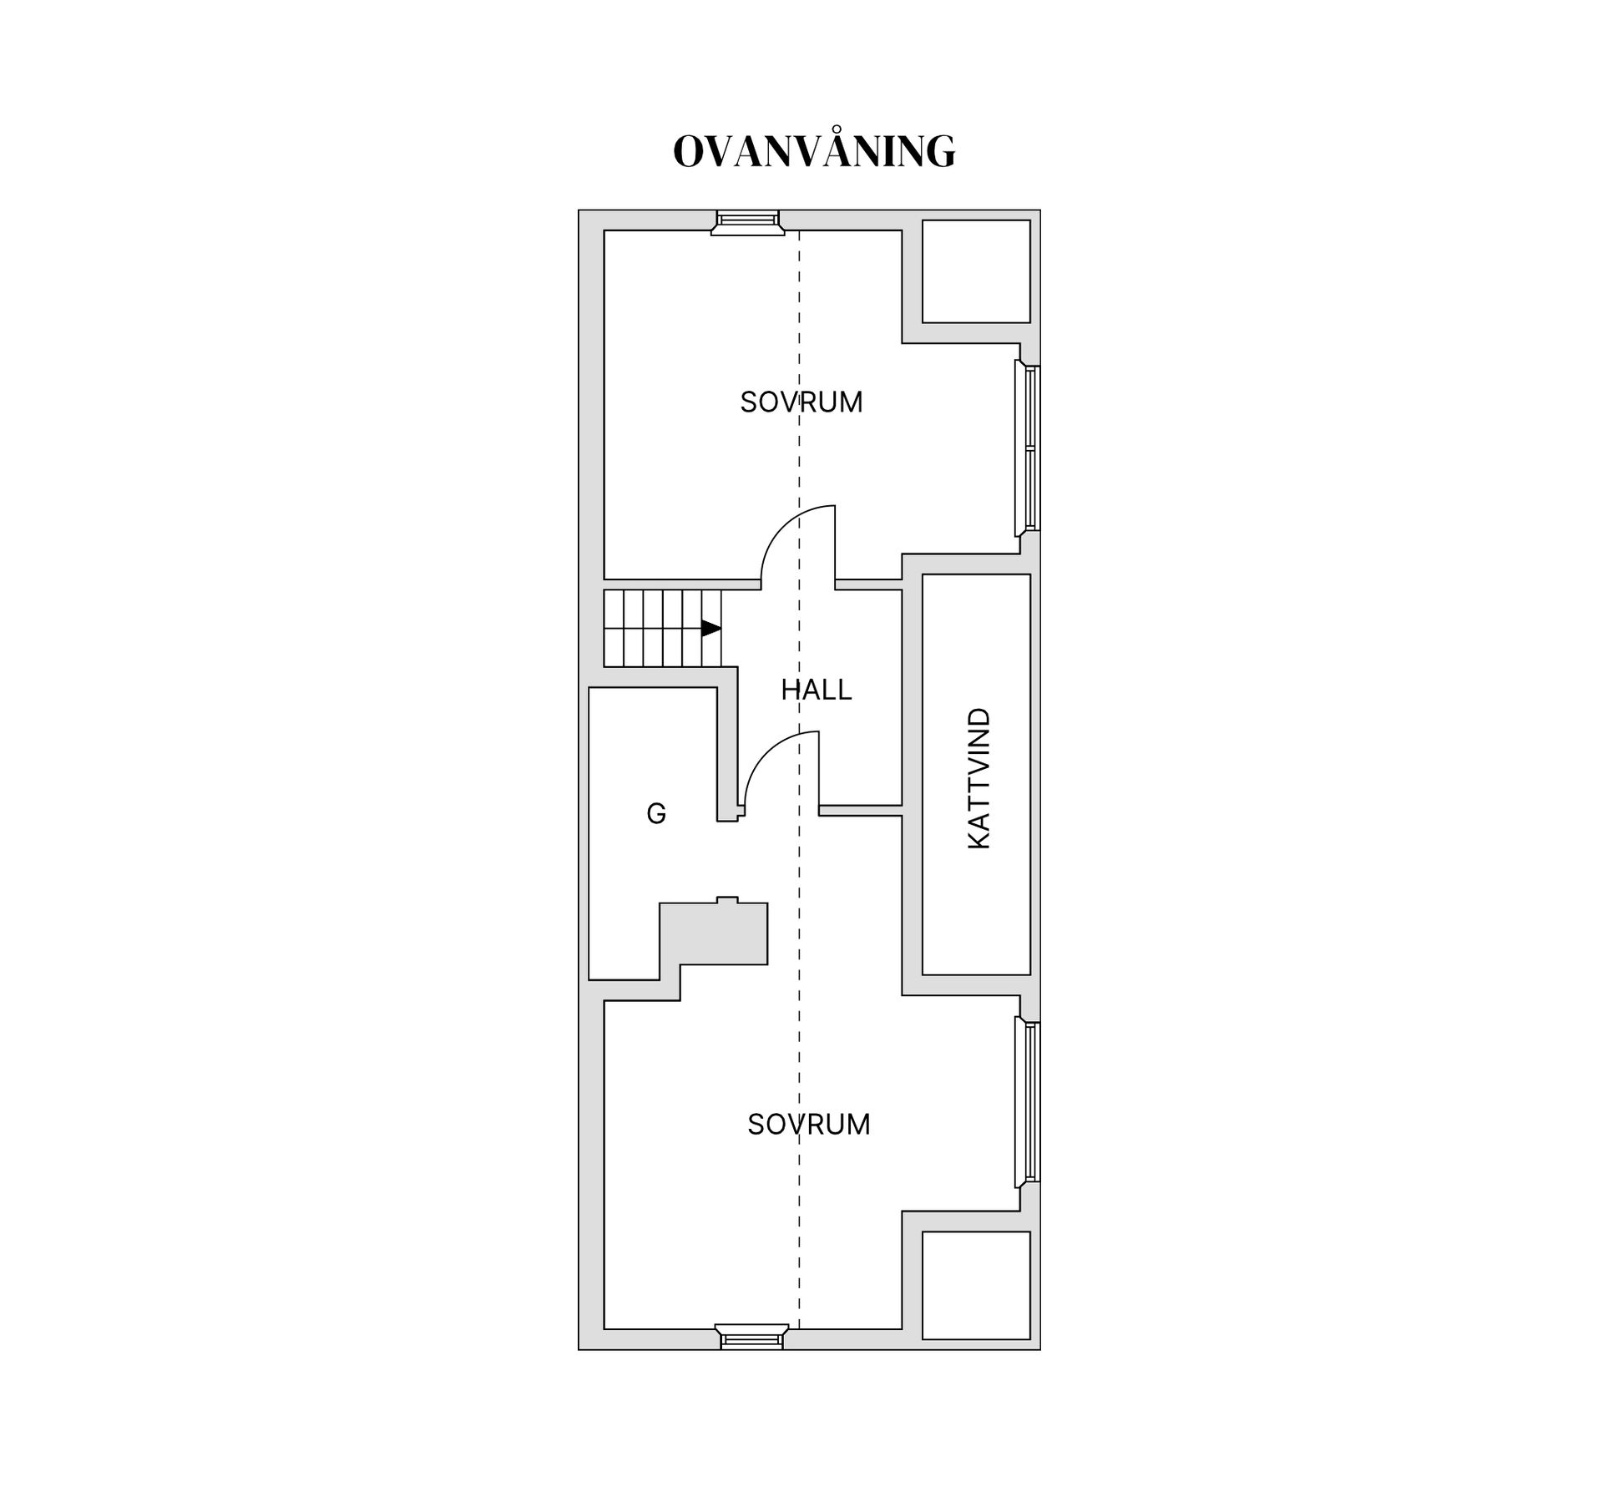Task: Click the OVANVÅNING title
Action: point(814,150)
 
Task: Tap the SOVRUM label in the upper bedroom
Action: point(801,402)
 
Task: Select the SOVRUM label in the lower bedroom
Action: point(809,1125)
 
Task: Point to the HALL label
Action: point(817,690)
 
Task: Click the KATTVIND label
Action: point(978,779)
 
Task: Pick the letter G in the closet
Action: point(656,813)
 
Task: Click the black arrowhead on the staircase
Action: point(711,628)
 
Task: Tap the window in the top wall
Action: point(748,222)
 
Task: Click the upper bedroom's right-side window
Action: point(1028,448)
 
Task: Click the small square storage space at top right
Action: point(976,271)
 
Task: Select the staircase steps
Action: point(663,628)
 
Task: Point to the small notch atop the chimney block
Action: point(727,899)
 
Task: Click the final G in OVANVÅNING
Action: point(940,152)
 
